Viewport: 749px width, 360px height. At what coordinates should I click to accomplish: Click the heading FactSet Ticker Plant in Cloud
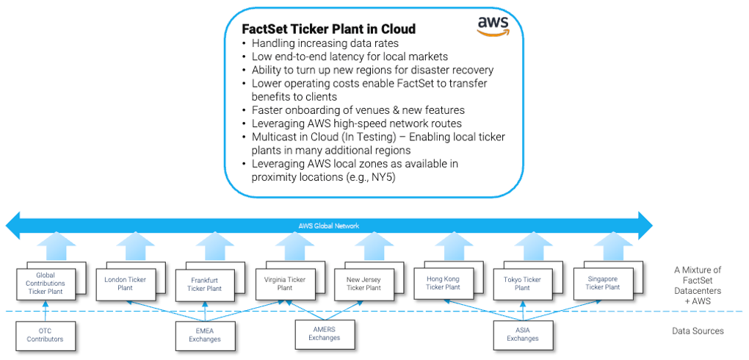(329, 29)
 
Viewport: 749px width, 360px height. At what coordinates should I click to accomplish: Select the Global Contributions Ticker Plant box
(46, 283)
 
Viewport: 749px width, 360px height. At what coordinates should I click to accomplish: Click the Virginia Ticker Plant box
(286, 282)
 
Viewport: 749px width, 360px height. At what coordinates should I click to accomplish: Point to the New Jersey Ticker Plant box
(363, 283)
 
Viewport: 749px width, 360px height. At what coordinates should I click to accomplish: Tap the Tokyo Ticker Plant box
(522, 282)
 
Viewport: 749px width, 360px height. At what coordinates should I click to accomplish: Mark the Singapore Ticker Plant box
(602, 282)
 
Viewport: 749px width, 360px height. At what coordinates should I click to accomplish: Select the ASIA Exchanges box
(522, 334)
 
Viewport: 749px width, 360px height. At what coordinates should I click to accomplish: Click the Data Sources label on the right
(698, 331)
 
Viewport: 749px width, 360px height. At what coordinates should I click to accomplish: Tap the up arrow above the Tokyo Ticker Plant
(528, 245)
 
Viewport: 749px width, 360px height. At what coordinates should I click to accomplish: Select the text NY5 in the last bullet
(385, 178)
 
